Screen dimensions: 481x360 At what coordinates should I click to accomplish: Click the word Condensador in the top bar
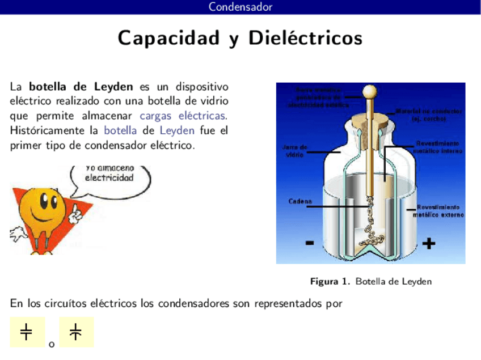(241, 7)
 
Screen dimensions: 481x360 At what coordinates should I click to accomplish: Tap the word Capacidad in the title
(168, 39)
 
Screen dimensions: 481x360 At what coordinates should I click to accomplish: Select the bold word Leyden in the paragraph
(113, 87)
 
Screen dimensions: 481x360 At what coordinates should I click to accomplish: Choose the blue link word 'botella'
(120, 130)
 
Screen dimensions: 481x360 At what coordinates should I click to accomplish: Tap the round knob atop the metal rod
(370, 91)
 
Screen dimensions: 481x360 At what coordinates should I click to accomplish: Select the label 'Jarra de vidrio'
(294, 151)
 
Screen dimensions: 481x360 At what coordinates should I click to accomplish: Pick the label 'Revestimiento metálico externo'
(438, 211)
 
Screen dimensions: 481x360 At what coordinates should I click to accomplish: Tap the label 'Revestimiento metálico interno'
(437, 147)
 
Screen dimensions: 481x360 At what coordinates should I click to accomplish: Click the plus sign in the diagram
(429, 244)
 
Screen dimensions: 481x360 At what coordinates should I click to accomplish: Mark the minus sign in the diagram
(310, 243)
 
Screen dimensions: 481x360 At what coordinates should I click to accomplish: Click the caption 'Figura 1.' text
(330, 282)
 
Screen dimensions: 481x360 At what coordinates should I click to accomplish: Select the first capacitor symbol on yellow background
(27, 332)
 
